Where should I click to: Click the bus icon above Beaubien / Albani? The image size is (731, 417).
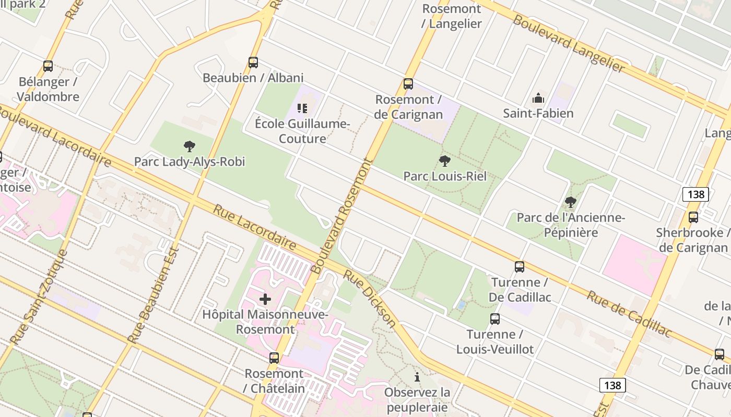tap(253, 63)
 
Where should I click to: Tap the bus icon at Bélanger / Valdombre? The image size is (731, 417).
tap(48, 66)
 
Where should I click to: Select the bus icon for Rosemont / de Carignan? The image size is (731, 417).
tap(408, 84)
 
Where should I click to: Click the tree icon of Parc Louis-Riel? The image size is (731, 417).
tap(445, 161)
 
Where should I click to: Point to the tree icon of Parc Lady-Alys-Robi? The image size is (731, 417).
tap(190, 146)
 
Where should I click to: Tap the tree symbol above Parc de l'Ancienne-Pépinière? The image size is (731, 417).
tap(570, 202)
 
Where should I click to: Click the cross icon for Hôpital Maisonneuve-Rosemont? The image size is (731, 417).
tap(265, 299)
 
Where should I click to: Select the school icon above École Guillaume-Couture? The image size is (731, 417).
tap(302, 108)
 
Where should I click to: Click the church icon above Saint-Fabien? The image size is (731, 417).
tap(538, 98)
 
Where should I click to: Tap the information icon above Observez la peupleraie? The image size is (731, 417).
tap(417, 377)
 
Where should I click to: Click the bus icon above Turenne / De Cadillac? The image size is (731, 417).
tap(520, 267)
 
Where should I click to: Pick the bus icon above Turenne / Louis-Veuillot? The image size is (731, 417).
tap(495, 319)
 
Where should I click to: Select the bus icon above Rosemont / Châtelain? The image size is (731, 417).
tap(274, 358)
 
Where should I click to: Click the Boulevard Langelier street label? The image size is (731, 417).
tap(569, 43)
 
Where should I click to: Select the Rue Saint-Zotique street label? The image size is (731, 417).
tap(39, 297)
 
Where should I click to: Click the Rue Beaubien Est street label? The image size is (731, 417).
tap(154, 295)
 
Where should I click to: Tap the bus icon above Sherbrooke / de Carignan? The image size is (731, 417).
tap(693, 217)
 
